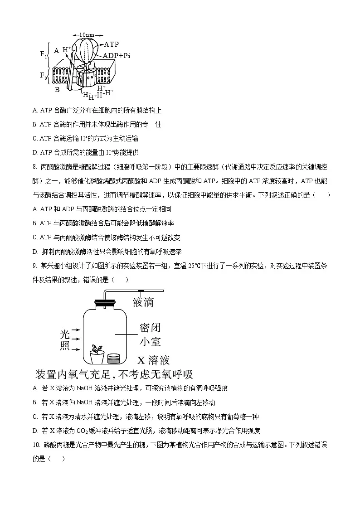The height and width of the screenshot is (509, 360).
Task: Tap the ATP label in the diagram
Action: click(x=111, y=44)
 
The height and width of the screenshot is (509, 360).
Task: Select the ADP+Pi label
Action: click(x=116, y=55)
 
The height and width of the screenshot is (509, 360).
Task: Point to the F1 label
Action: click(x=44, y=54)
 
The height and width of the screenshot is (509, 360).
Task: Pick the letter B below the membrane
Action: click(x=57, y=89)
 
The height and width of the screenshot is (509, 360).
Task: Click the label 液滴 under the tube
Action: click(x=143, y=302)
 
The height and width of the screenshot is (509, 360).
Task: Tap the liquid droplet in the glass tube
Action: click(x=141, y=290)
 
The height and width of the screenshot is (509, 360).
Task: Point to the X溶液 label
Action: click(x=153, y=360)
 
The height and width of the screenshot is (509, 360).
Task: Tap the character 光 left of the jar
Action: click(x=65, y=335)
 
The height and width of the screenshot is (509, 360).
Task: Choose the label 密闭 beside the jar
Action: click(x=150, y=328)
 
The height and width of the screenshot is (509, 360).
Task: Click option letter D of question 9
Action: click(x=35, y=431)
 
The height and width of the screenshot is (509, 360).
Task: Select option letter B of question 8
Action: click(x=35, y=223)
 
